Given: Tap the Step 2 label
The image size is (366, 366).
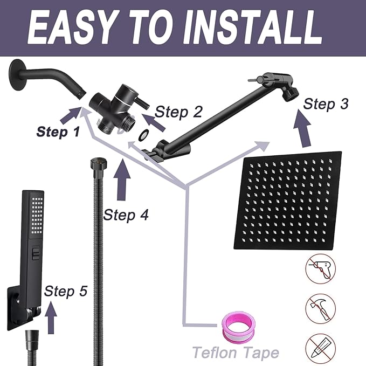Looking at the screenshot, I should (x=178, y=112).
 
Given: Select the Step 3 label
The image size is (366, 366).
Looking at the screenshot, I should (x=325, y=103).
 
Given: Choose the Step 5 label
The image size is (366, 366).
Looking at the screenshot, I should (x=65, y=291).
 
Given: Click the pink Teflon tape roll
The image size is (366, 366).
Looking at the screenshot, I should (x=237, y=329).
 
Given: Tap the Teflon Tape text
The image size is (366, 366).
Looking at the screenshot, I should (x=236, y=353).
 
